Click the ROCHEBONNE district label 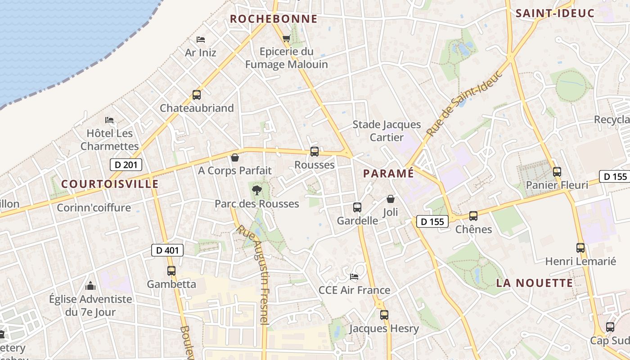(x=274, y=19)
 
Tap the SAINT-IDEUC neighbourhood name (x=555, y=13)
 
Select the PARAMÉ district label (x=388, y=173)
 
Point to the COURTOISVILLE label (x=110, y=184)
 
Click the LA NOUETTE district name (x=535, y=283)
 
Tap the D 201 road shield (x=126, y=165)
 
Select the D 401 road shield (x=167, y=250)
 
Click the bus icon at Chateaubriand (x=197, y=95)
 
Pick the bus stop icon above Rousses (x=315, y=152)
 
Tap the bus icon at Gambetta (x=171, y=271)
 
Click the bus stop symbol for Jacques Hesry (x=384, y=315)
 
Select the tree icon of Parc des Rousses (x=257, y=190)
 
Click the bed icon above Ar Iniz (x=201, y=40)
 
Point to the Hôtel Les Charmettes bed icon (x=109, y=120)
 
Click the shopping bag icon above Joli (x=390, y=198)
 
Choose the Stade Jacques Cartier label (x=387, y=130)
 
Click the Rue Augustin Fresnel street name (x=254, y=274)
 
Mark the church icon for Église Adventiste (x=90, y=286)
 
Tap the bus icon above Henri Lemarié (x=580, y=247)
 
